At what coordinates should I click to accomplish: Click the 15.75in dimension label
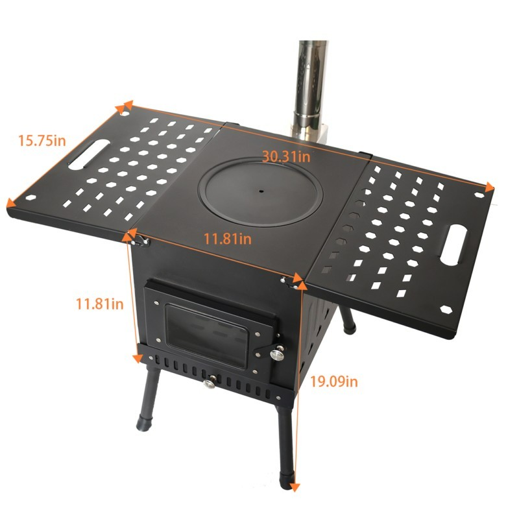42,140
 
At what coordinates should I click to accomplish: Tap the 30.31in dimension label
286,156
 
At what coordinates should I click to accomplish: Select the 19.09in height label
334,381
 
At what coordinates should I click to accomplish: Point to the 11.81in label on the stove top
227,238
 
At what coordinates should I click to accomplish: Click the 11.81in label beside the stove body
100,304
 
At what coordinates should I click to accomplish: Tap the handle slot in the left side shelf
89,154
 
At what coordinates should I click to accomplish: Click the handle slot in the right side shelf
453,245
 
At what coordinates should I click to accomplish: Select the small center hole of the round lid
261,191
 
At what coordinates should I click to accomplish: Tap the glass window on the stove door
206,335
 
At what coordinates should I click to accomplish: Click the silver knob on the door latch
277,355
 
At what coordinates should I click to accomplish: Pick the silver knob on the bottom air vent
209,383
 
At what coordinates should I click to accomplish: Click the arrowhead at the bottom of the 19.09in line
295,487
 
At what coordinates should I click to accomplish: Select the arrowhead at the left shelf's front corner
11,203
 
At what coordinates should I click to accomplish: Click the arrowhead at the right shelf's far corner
489,187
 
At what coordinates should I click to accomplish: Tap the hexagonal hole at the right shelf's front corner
446,309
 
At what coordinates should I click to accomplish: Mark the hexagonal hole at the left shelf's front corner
30,198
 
